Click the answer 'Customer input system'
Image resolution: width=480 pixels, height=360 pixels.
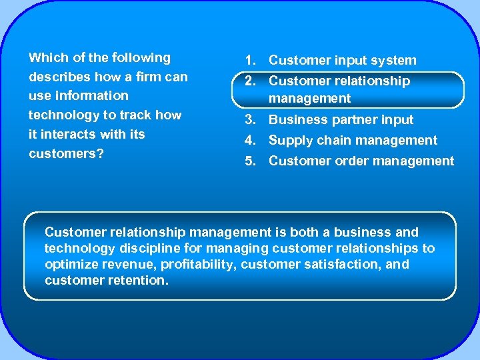343,61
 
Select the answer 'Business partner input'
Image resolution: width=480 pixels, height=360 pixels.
341,120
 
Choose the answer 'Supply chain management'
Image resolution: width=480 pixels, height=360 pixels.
353,141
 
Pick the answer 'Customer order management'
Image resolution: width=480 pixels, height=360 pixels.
361,161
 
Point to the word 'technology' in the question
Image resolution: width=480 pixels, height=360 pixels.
62,115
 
